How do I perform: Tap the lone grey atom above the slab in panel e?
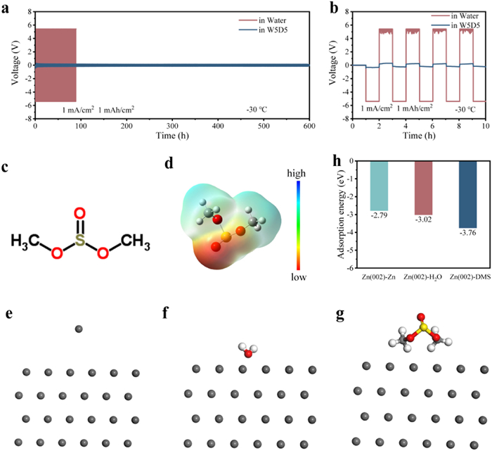79,329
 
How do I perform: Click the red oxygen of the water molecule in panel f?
247,353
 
